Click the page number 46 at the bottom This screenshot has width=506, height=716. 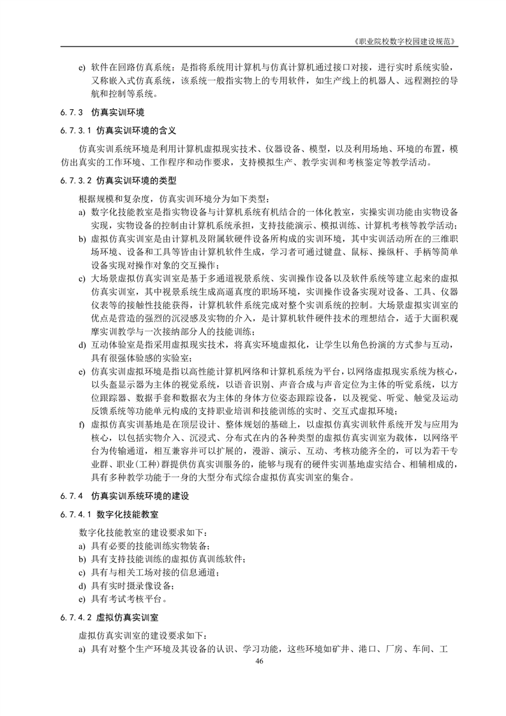click(259, 661)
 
